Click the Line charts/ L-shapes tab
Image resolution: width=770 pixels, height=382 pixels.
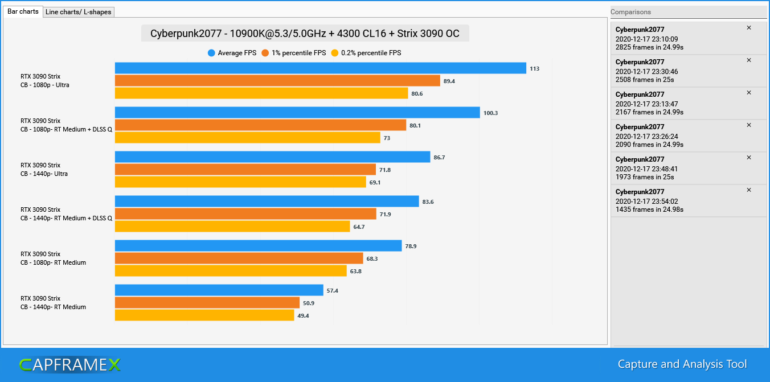pyautogui.click(x=79, y=12)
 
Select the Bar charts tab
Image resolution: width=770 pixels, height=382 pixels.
pyautogui.click(x=23, y=11)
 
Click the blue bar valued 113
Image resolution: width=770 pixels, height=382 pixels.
pyautogui.click(x=320, y=68)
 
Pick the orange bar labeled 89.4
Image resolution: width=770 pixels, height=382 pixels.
pyautogui.click(x=277, y=81)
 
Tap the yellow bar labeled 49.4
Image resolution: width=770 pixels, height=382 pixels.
pyautogui.click(x=204, y=315)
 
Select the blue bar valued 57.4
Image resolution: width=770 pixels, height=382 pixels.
pyautogui.click(x=219, y=290)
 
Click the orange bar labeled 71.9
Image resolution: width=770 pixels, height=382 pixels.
pyautogui.click(x=245, y=214)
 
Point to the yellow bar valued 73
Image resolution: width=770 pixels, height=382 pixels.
pyautogui.click(x=247, y=138)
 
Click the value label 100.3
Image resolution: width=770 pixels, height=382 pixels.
pyautogui.click(x=490, y=113)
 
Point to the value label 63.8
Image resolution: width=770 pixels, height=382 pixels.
pyautogui.click(x=355, y=272)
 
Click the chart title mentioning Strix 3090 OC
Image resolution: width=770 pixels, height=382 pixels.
pyautogui.click(x=305, y=34)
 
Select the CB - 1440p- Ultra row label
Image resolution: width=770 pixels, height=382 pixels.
pyautogui.click(x=44, y=174)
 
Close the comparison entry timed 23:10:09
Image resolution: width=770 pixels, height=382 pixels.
pyautogui.click(x=749, y=28)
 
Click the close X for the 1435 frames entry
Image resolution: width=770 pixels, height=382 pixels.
pyautogui.click(x=749, y=190)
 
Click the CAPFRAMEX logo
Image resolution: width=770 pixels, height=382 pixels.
pyautogui.click(x=69, y=365)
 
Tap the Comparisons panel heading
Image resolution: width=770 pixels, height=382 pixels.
pyautogui.click(x=630, y=12)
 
